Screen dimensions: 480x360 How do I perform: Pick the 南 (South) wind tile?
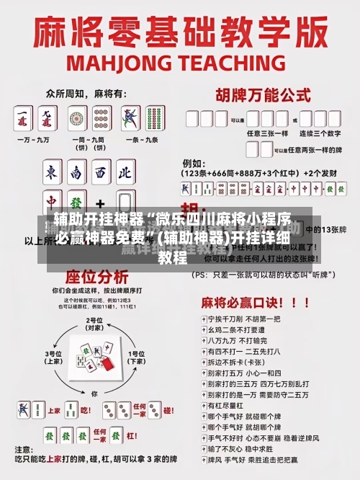(x=76, y=172)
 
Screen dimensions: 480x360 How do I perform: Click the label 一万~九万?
(x=35, y=141)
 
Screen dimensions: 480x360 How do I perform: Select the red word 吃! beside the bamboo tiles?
(x=85, y=409)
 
